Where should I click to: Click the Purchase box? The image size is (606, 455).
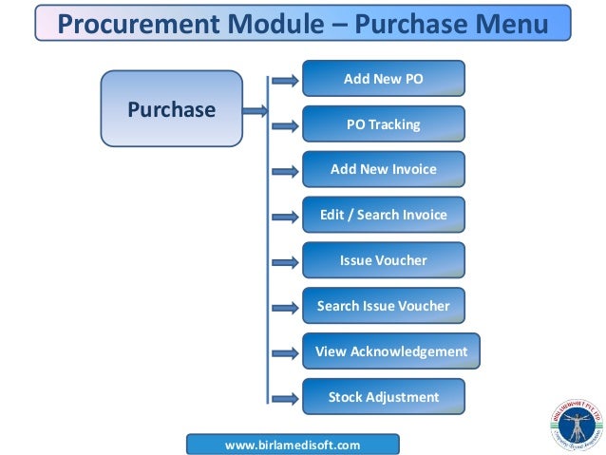pos(171,109)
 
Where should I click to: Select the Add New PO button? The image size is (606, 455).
pos(383,79)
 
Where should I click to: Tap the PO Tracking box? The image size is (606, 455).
pos(383,124)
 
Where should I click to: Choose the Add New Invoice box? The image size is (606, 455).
pos(383,169)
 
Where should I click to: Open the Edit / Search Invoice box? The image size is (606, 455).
pos(383,215)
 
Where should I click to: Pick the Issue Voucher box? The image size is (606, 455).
pos(383,260)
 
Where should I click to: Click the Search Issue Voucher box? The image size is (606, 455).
pos(383,306)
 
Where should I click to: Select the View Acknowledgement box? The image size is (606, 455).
pos(390,351)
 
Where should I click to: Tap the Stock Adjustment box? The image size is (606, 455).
pos(383,397)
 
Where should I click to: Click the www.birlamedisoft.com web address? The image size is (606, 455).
pos(293,444)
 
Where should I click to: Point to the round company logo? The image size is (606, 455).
pos(575,424)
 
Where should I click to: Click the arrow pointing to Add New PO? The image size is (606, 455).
pos(284,81)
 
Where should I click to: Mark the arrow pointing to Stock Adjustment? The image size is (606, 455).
pos(284,399)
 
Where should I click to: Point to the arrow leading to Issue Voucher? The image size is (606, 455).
pos(284,262)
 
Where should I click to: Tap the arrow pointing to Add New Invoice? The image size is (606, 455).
pos(284,172)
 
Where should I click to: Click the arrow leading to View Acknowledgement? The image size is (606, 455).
pos(284,353)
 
